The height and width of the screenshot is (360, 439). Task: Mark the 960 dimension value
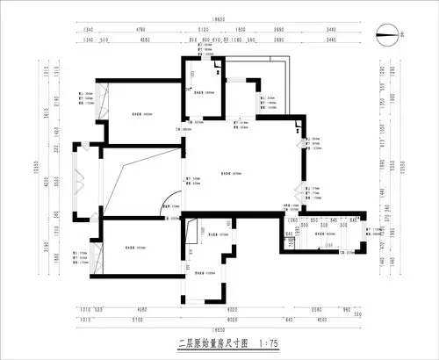[x=345, y=310]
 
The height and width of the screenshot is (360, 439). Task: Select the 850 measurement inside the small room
[x=313, y=220]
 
